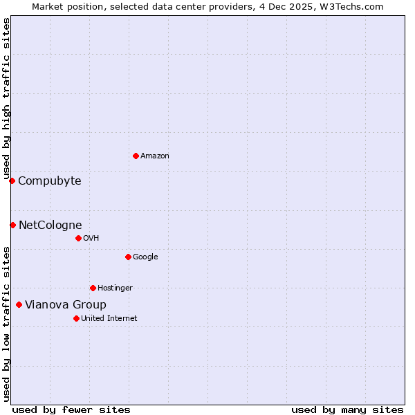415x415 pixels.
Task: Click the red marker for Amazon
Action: coord(136,156)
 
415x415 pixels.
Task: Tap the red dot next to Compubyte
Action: coord(12,181)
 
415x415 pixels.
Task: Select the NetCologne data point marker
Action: coord(12,225)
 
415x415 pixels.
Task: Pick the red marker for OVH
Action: coord(78,238)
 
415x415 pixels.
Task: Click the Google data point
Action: coord(128,257)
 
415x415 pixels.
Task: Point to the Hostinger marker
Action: coord(93,288)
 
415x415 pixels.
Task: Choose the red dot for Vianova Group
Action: coord(19,304)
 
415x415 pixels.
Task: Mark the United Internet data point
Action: coord(76,318)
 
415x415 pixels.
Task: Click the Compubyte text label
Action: coord(49,181)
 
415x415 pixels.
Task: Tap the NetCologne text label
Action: coord(50,225)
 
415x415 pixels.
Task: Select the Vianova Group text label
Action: coord(66,305)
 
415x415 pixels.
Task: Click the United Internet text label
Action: coord(109,319)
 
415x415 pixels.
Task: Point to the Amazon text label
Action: coord(154,156)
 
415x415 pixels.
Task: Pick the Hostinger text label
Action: coord(115,288)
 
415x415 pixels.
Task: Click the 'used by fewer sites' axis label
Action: coord(71,409)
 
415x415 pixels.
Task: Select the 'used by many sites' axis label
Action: coord(347,409)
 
